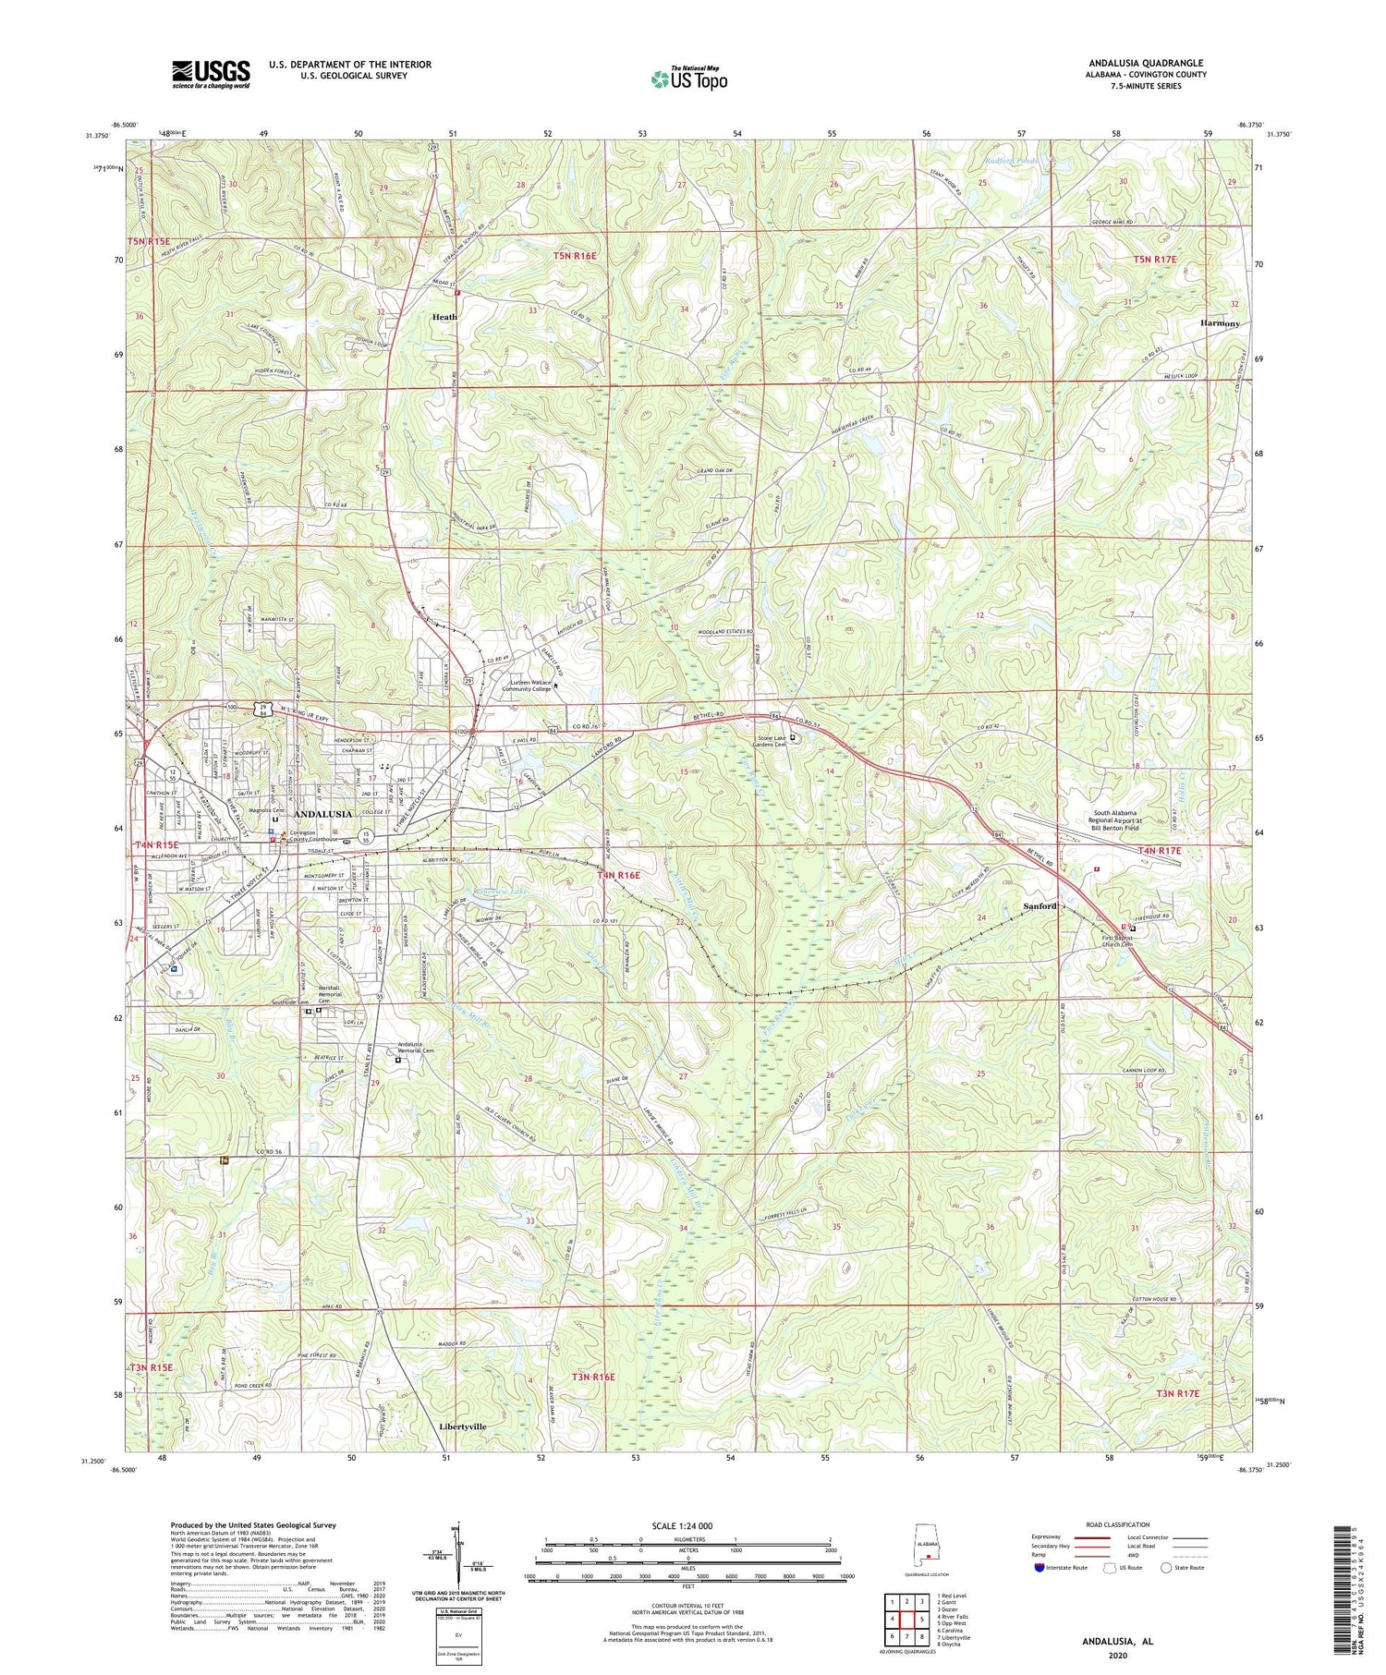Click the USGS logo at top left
tap(211, 74)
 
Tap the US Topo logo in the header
tap(688, 79)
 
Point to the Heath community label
tap(444, 317)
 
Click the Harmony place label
tap(1220, 323)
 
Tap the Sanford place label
tap(1039, 906)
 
